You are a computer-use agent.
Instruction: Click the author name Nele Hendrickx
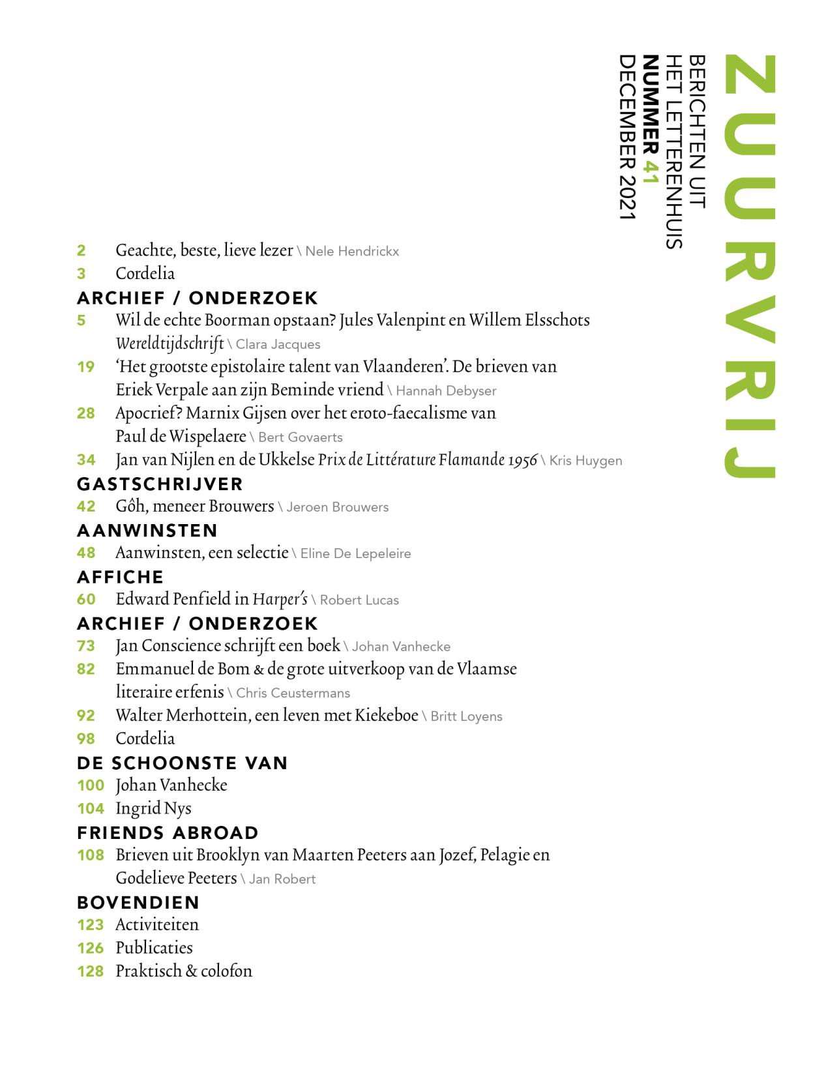pos(352,252)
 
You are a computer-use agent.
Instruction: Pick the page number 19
pos(86,367)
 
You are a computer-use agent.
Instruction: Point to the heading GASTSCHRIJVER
pos(160,484)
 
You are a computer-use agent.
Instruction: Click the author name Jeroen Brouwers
pos(338,507)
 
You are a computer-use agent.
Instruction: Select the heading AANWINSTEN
pos(147,530)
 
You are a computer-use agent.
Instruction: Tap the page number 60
pos(86,599)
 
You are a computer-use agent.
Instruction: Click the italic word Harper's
pos(280,599)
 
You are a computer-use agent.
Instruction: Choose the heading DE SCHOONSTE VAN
pos(183,763)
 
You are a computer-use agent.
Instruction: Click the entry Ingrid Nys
pos(153,808)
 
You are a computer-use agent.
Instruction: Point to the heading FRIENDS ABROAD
pos(168,832)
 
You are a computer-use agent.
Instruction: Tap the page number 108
pos(91,855)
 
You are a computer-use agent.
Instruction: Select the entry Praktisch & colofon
pos(184,971)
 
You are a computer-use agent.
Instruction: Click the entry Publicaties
pos(154,948)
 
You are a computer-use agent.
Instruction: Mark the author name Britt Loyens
pos(466,716)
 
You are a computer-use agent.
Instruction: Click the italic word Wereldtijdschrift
pos(169,344)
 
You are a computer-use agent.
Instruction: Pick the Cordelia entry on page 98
pos(145,739)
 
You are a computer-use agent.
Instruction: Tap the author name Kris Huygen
pos(585,461)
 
